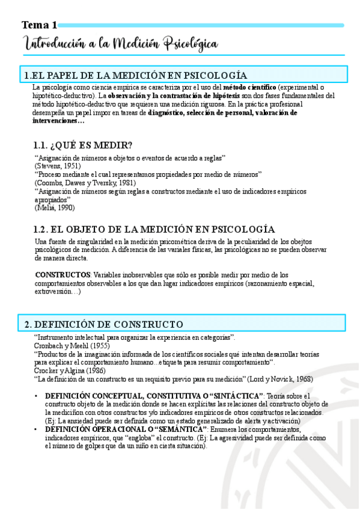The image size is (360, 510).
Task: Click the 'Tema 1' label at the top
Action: (40, 25)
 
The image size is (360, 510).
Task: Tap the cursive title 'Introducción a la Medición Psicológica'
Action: (121, 44)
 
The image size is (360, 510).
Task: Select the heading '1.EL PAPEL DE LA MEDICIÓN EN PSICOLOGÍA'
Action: (135, 75)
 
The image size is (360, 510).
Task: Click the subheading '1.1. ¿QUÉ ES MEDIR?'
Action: (83, 145)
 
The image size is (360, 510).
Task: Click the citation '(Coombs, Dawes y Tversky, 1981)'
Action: (85, 182)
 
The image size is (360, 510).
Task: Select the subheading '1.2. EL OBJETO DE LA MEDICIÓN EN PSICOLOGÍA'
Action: (154, 229)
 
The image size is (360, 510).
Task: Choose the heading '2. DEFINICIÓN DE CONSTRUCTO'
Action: (104, 324)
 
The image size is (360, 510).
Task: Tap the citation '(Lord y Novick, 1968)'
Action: (280, 379)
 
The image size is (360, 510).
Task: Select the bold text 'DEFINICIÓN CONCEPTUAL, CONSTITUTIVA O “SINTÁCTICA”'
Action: (154, 396)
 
